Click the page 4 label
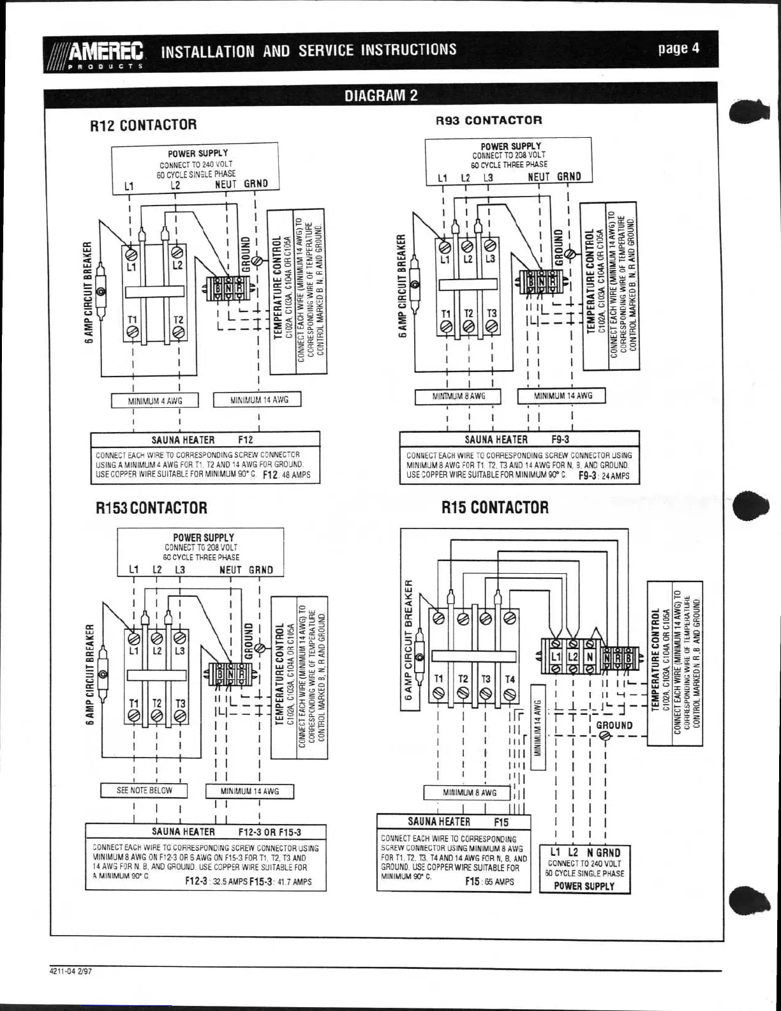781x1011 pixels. tap(678, 49)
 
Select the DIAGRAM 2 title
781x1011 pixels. tap(381, 96)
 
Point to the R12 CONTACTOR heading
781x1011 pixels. tap(143, 124)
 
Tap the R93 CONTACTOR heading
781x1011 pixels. tap(489, 120)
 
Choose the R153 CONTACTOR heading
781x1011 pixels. tap(151, 508)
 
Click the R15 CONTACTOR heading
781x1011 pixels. tap(495, 507)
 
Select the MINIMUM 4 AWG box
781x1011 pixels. tap(154, 401)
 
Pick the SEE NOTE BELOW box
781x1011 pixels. tap(144, 790)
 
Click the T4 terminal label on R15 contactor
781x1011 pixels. tap(510, 679)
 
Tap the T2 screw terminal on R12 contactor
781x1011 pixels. tap(179, 333)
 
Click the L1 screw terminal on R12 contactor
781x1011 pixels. tap(133, 250)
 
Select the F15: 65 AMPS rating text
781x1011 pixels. tap(489, 881)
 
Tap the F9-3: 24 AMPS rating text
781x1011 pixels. tap(604, 476)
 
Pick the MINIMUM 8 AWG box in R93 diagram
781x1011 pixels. tap(458, 396)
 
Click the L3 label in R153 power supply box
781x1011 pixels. tap(180, 570)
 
